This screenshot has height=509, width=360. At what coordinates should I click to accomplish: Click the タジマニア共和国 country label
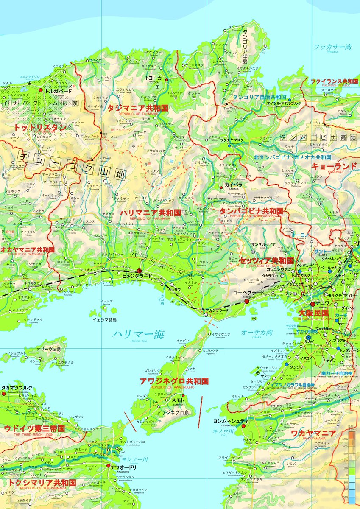(138, 108)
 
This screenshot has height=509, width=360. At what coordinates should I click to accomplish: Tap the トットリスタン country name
(40, 127)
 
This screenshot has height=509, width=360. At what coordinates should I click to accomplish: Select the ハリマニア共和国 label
(150, 212)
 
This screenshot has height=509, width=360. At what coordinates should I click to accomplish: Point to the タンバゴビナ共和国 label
(251, 211)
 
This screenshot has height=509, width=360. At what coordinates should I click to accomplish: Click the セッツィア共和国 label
(266, 260)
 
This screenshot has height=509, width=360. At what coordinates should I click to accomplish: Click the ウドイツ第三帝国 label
(34, 428)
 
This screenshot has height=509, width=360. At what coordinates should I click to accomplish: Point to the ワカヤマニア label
(313, 433)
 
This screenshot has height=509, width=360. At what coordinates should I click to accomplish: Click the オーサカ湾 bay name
(257, 332)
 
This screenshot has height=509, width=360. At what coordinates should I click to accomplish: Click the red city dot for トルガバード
(41, 90)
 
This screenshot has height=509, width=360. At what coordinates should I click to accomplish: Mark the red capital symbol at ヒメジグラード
(139, 271)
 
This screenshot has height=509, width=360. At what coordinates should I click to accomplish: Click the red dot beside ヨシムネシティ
(243, 426)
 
